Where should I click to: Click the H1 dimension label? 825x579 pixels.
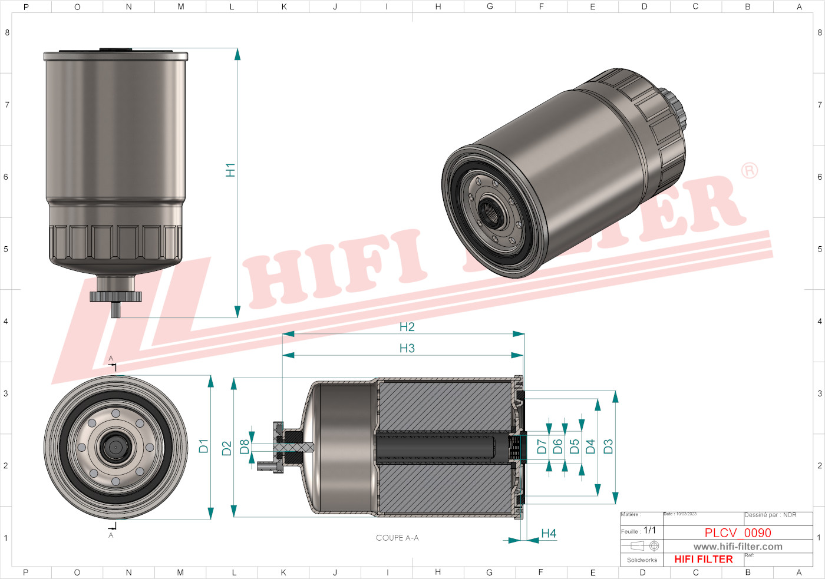click(x=230, y=170)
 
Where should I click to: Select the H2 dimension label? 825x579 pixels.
click(x=407, y=327)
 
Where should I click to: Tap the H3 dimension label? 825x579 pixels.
click(x=407, y=348)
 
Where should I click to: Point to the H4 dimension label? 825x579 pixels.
click(x=549, y=533)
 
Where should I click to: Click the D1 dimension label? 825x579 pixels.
click(x=204, y=446)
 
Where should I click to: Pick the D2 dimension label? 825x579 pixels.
click(x=227, y=448)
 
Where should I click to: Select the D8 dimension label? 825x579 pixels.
click(x=245, y=447)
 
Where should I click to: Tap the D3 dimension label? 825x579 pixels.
click(x=608, y=446)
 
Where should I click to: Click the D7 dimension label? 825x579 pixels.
click(x=542, y=446)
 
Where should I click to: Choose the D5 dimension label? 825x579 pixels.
click(x=575, y=446)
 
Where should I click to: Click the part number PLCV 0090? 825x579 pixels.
click(x=738, y=532)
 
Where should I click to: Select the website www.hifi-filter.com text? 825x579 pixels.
click(x=738, y=547)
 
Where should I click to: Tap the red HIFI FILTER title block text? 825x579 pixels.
click(x=704, y=560)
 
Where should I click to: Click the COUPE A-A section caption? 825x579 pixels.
click(x=397, y=538)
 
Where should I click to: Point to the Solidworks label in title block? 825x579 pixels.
click(x=642, y=560)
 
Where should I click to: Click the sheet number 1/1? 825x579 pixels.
click(x=649, y=530)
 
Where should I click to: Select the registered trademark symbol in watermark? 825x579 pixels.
click(x=749, y=171)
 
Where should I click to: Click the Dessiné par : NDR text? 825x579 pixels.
click(x=770, y=515)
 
